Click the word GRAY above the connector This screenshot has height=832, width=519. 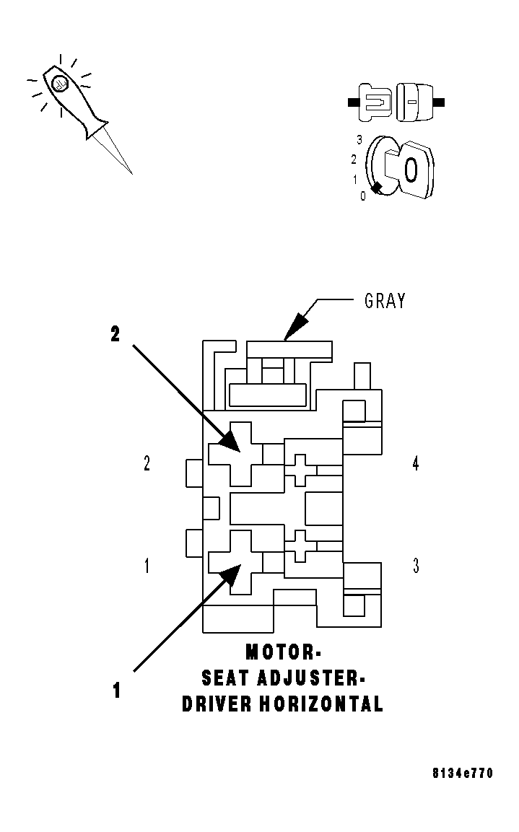(385, 301)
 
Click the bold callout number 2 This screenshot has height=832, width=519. (115, 334)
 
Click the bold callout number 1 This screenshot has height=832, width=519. (115, 691)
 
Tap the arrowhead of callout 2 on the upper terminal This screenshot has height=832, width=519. (231, 442)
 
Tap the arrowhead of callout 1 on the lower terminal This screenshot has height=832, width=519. (230, 574)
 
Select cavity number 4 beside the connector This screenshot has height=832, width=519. (416, 464)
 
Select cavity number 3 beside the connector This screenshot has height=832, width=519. (416, 566)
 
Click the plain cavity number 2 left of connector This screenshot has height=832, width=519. (147, 464)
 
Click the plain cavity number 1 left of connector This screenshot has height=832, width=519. (147, 566)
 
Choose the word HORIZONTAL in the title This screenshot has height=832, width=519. (322, 704)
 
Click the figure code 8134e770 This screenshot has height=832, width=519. (463, 774)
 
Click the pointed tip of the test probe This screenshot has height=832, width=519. (131, 172)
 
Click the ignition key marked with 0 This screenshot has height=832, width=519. (409, 169)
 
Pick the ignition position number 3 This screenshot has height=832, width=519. (359, 140)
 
